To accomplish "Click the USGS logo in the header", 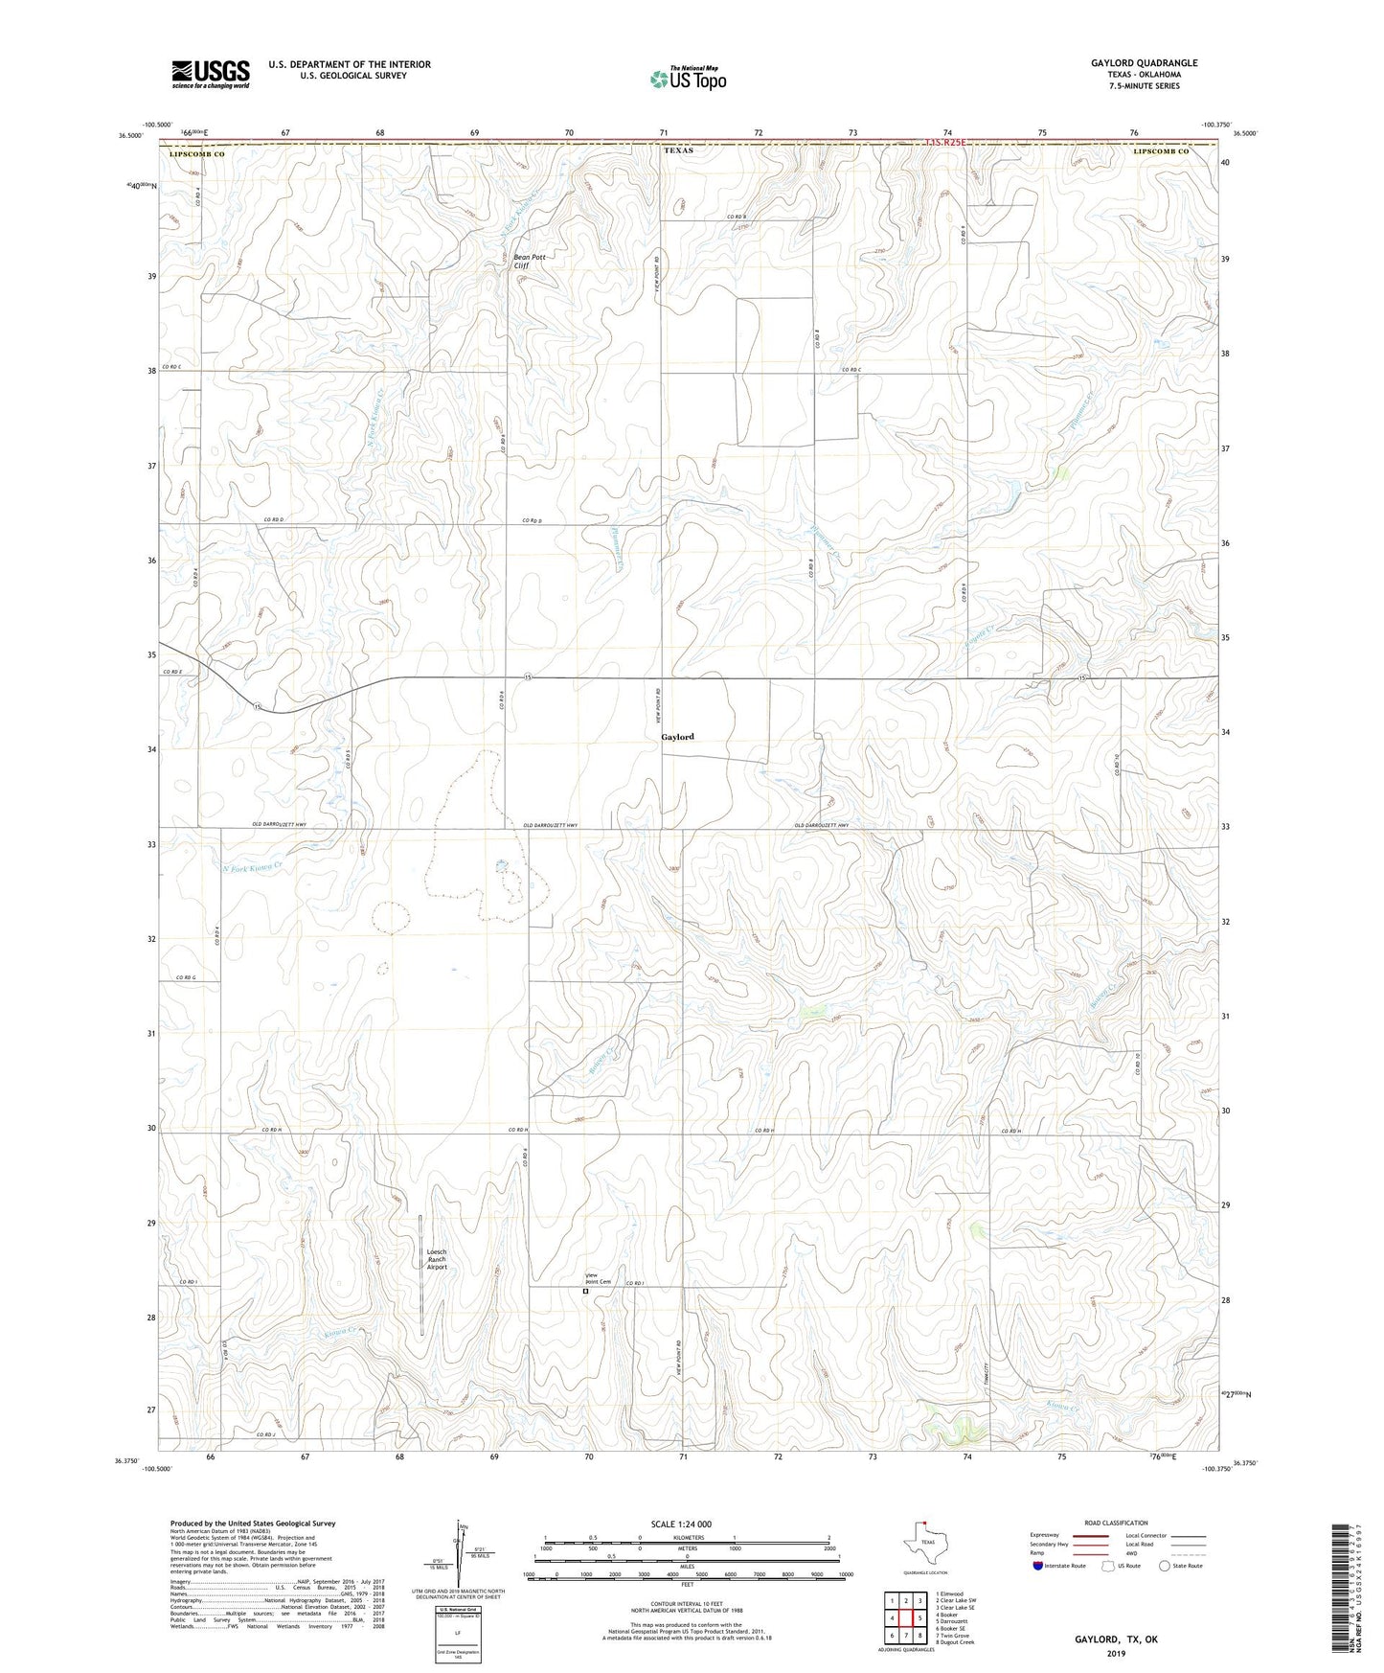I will click(211, 74).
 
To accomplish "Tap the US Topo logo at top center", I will click(688, 79).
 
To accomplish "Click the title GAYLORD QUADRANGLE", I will click(1144, 63).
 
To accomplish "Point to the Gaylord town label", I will click(677, 737).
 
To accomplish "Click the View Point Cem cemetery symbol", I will click(586, 1291).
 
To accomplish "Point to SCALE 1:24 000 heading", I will click(687, 1524).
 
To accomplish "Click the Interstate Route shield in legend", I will click(1039, 1566).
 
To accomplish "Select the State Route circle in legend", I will click(1165, 1566).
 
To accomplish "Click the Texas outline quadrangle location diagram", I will click(924, 1545).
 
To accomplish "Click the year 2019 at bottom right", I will click(1116, 1653).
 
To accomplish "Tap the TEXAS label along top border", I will click(677, 151).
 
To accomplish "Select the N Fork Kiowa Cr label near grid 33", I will click(253, 867).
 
